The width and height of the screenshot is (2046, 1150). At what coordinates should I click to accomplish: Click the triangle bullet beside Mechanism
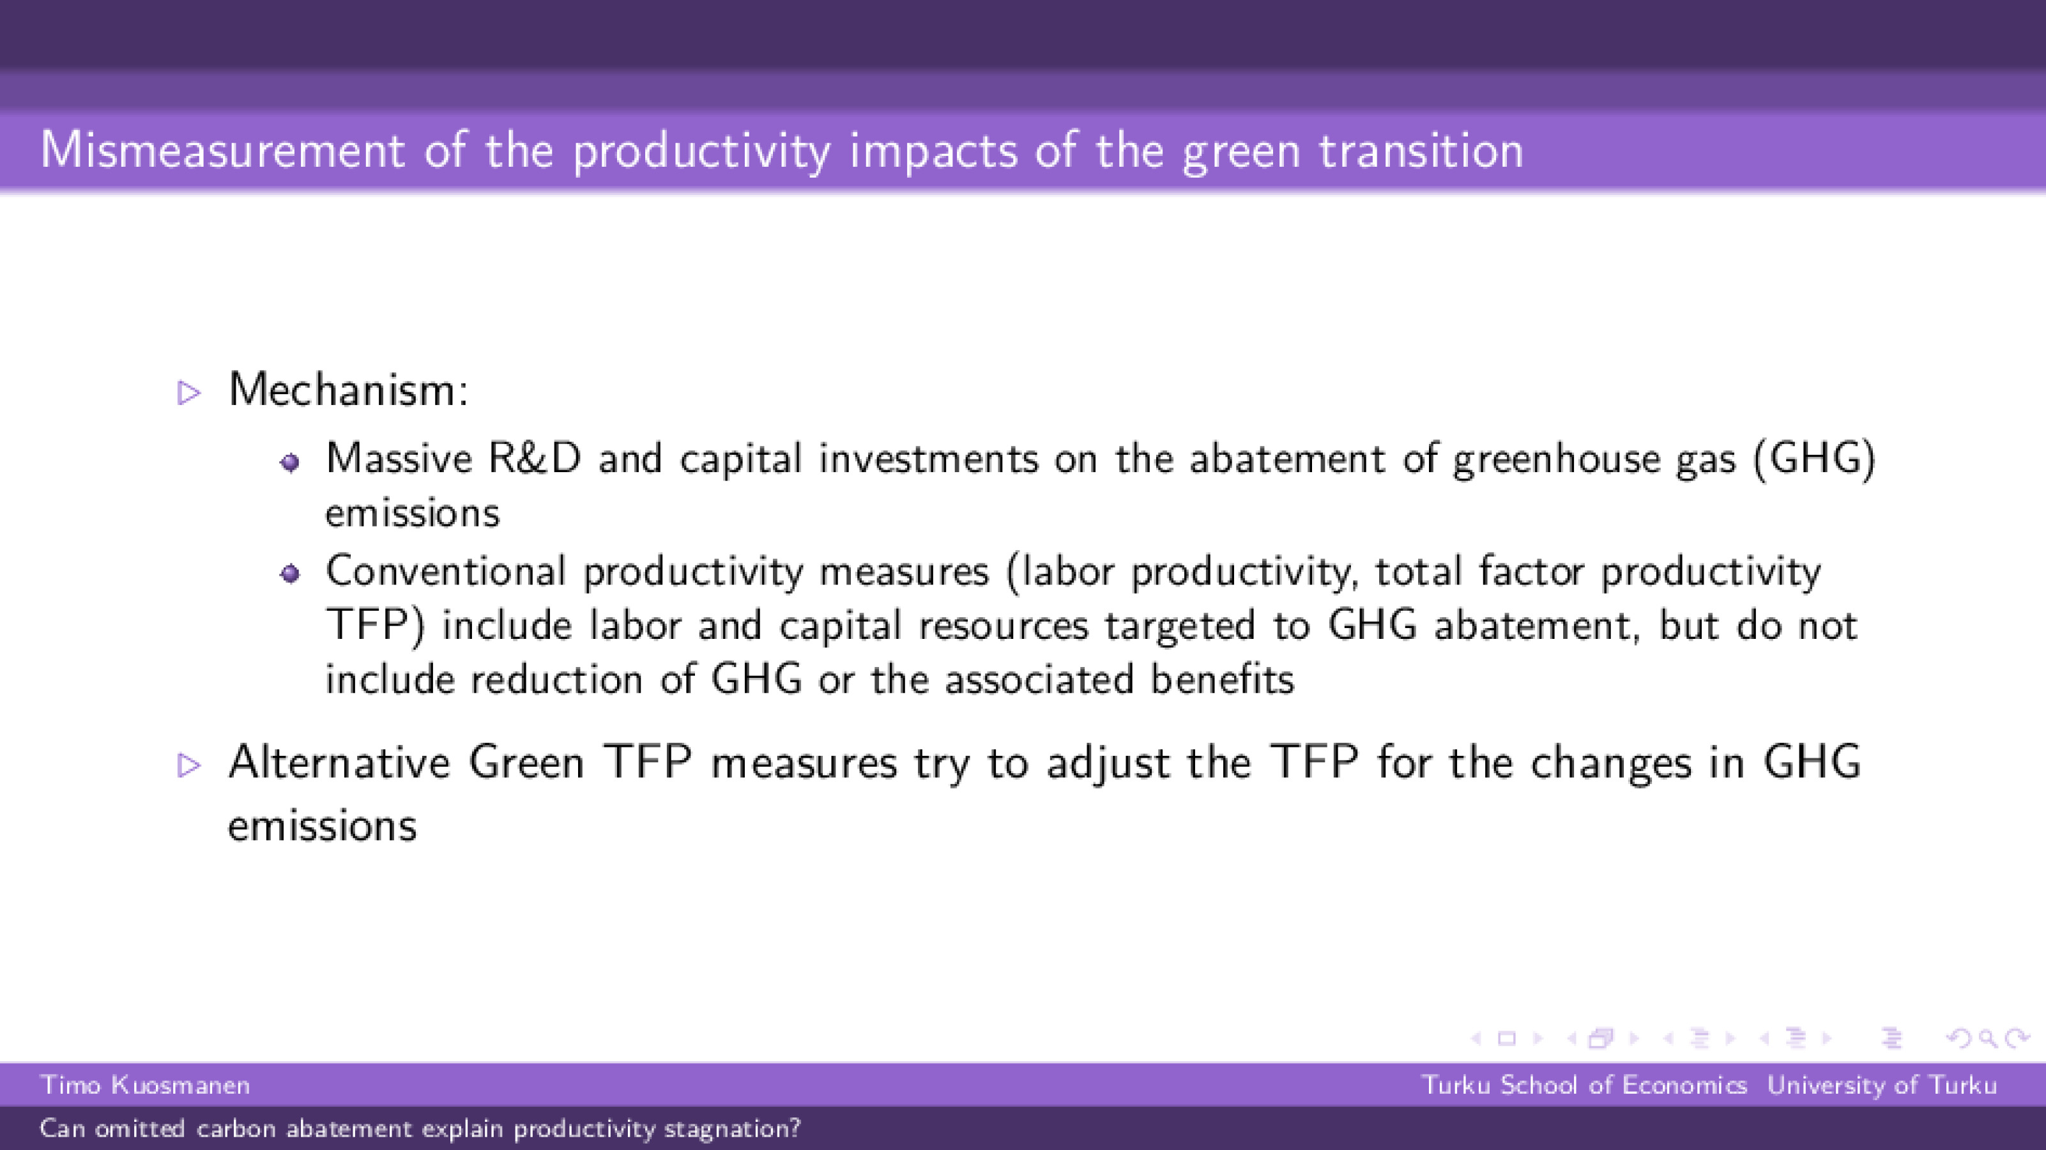(188, 392)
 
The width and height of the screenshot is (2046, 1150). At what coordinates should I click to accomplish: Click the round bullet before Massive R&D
(290, 462)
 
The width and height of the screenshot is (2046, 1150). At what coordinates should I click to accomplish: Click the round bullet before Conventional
(290, 574)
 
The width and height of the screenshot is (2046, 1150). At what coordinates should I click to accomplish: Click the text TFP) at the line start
(375, 625)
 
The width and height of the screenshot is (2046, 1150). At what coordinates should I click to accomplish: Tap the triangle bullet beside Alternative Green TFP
(188, 765)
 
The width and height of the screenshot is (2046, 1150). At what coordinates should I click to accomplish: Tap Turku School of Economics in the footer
(1584, 1085)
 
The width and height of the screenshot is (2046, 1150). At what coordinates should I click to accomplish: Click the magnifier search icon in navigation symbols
(1988, 1038)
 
